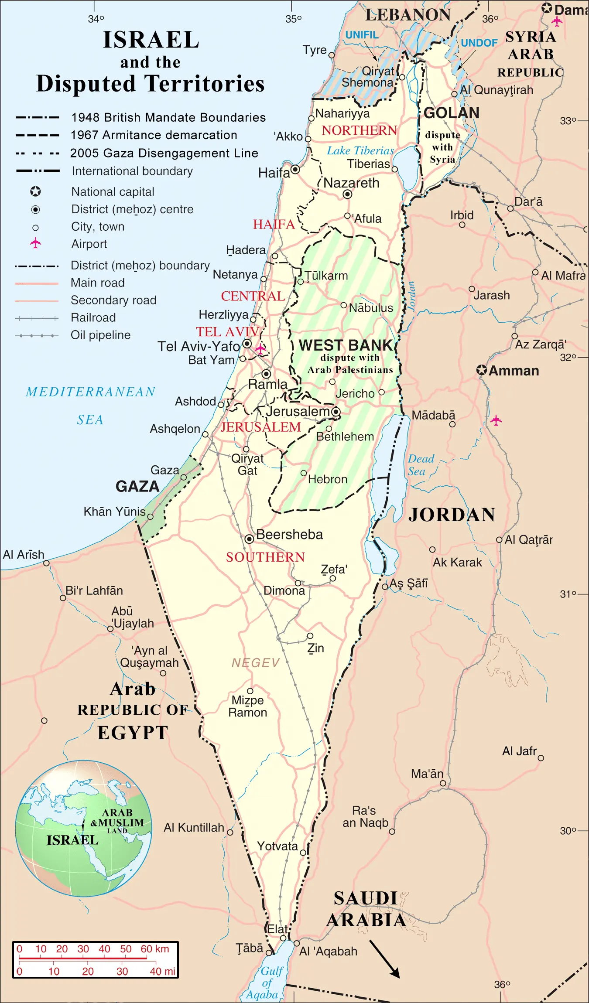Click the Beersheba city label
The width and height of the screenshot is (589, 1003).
point(289,535)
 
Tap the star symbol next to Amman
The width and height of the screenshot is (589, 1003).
point(481,370)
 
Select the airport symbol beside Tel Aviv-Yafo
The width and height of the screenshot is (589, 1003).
point(260,348)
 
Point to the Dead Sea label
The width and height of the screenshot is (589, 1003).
point(421,465)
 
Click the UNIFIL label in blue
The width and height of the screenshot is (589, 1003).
point(362,35)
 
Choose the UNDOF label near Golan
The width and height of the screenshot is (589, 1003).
point(479,43)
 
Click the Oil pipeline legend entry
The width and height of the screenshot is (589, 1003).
point(100,335)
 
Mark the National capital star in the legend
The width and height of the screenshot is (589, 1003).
point(35,191)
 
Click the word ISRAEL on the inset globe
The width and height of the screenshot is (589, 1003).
point(72,840)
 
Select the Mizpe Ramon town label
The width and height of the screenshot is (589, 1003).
point(247,706)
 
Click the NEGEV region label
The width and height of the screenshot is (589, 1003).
point(255,663)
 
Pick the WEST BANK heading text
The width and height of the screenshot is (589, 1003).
point(346,345)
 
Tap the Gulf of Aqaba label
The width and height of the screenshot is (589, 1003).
point(266,983)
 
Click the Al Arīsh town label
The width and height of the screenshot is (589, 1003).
point(24,555)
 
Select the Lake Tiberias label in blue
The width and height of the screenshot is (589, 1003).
point(360,151)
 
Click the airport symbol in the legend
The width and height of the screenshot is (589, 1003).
point(35,243)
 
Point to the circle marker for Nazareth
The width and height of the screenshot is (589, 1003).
point(347,194)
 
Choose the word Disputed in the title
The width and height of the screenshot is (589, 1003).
point(86,83)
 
